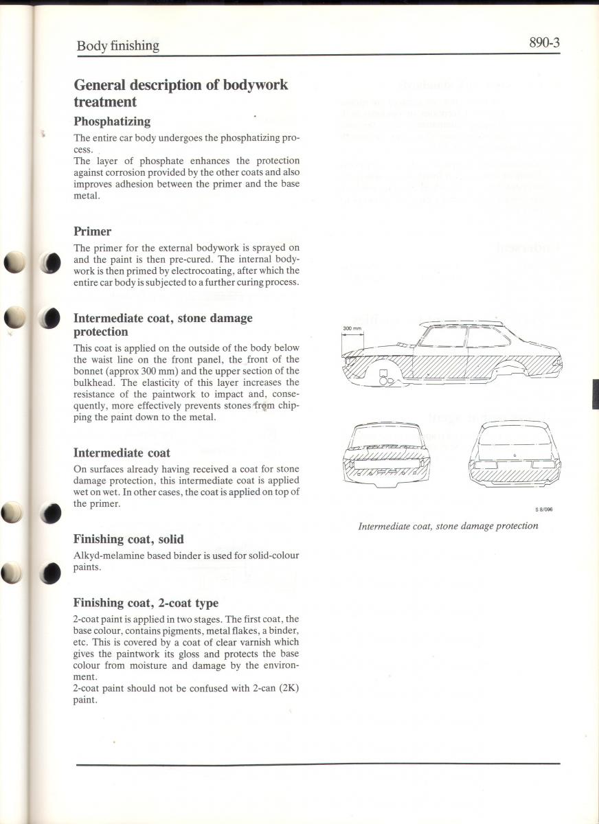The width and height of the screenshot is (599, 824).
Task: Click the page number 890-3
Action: click(x=544, y=43)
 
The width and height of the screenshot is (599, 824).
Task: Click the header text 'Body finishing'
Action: click(x=117, y=46)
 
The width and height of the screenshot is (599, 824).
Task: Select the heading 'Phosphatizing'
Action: click(x=112, y=122)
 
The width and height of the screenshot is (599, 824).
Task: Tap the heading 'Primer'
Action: click(x=92, y=231)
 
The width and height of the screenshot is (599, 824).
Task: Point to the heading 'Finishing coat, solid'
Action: click(x=128, y=540)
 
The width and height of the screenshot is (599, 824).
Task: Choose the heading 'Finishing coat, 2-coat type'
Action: click(x=146, y=603)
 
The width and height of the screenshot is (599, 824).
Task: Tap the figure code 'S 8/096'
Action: click(x=544, y=510)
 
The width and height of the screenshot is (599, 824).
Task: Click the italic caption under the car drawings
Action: click(x=448, y=526)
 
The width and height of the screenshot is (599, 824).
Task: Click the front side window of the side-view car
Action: click(x=442, y=336)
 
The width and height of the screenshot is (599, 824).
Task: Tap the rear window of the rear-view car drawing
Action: click(x=515, y=443)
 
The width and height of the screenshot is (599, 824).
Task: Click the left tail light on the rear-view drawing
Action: click(x=485, y=464)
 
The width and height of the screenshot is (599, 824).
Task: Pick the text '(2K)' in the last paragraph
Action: click(x=286, y=689)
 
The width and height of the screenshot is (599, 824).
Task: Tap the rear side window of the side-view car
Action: click(x=487, y=336)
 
